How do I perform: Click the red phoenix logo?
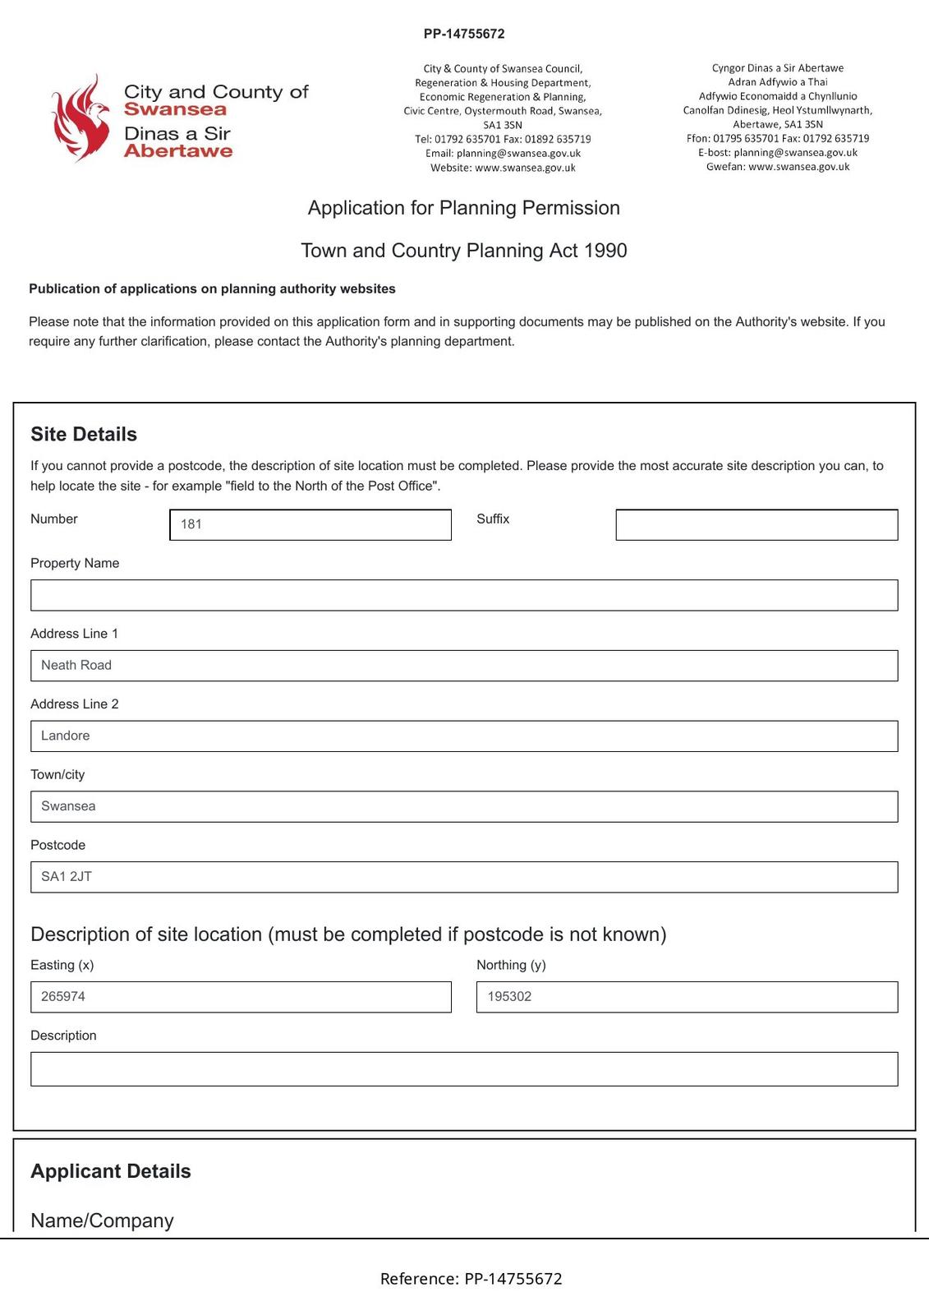(80, 118)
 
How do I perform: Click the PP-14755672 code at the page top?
(464, 34)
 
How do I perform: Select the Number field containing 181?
(310, 524)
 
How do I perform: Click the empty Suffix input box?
(756, 524)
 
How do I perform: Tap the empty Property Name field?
(464, 595)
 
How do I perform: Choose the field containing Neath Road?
(464, 666)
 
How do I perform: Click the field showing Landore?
(464, 736)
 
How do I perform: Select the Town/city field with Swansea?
(464, 806)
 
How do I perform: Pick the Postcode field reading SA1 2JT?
(464, 877)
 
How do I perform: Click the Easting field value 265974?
(241, 997)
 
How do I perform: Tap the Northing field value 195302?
(687, 997)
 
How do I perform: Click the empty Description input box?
(464, 1068)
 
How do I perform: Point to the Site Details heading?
(84, 434)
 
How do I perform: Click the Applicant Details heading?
(111, 1171)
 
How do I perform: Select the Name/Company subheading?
(102, 1220)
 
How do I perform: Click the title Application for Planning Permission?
(464, 208)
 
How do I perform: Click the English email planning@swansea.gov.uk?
(518, 154)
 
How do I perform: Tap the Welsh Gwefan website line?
(778, 167)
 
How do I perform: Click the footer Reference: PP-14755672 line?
(471, 1279)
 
